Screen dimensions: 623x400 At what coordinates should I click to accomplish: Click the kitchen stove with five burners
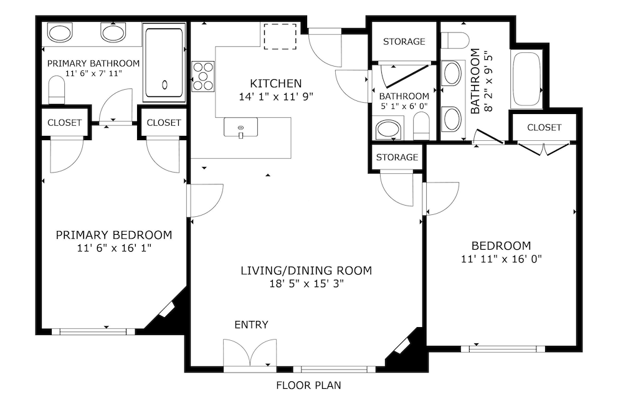coord(203,76)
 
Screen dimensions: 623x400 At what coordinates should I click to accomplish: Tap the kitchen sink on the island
coord(240,128)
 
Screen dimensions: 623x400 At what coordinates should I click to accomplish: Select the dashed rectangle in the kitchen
coord(280,37)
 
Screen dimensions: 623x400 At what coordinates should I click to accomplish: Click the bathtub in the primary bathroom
coord(164,63)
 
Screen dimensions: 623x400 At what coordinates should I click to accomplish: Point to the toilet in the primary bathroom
coord(57,90)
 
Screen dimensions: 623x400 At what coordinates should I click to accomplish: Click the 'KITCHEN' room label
coord(276,83)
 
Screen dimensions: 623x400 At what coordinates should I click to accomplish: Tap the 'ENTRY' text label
coord(251,325)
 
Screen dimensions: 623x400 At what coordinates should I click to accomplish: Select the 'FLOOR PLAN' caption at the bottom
coord(308,385)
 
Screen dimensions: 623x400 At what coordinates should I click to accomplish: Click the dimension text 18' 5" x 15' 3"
coord(307,283)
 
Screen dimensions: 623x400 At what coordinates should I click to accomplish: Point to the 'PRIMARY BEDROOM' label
coord(114,235)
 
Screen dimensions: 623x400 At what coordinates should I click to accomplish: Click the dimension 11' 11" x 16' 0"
coord(502,259)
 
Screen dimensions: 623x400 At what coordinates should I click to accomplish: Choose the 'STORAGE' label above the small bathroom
coord(404,42)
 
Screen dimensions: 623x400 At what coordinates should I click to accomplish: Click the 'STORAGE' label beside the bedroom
coord(397,157)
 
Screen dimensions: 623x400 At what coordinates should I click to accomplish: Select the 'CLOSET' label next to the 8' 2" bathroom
coord(544,128)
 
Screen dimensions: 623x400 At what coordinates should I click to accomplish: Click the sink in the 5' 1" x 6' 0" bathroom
coord(388,130)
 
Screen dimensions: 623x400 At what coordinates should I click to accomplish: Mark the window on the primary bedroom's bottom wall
coord(93,331)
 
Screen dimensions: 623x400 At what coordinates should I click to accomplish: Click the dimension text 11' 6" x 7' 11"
coord(93,73)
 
